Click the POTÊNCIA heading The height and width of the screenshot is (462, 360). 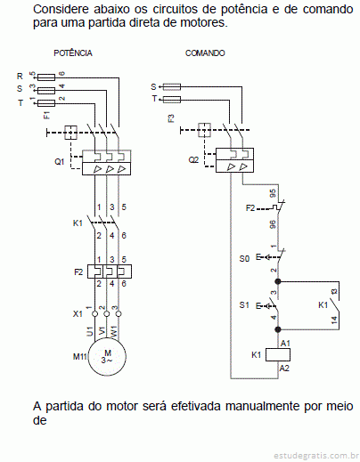tap(73, 53)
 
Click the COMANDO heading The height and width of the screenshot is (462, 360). tap(205, 53)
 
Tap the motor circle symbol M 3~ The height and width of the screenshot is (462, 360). tap(107, 356)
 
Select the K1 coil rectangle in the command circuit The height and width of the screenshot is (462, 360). tap(278, 354)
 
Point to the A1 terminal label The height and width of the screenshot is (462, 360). tap(285, 343)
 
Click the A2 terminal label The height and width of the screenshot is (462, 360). tap(284, 368)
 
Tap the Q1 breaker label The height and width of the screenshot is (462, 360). tap(60, 162)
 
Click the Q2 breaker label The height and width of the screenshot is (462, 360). tap(193, 160)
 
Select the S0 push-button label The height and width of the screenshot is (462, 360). tap(244, 259)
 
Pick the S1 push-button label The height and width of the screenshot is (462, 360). tap(244, 304)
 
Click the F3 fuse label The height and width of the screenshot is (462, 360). tap(171, 118)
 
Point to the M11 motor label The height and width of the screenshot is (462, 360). tap(79, 356)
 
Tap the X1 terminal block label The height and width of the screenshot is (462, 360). tap(78, 313)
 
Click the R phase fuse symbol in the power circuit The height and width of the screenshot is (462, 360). tap(46, 77)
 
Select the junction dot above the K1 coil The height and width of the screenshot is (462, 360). tap(278, 329)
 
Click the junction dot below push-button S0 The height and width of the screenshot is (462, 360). tap(278, 281)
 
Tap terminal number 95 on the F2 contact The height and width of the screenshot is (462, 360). tap(273, 193)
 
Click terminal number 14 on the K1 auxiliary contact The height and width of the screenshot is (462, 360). tap(334, 320)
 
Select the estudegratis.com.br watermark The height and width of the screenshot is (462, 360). tap(316, 455)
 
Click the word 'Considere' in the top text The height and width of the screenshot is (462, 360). tap(61, 9)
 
